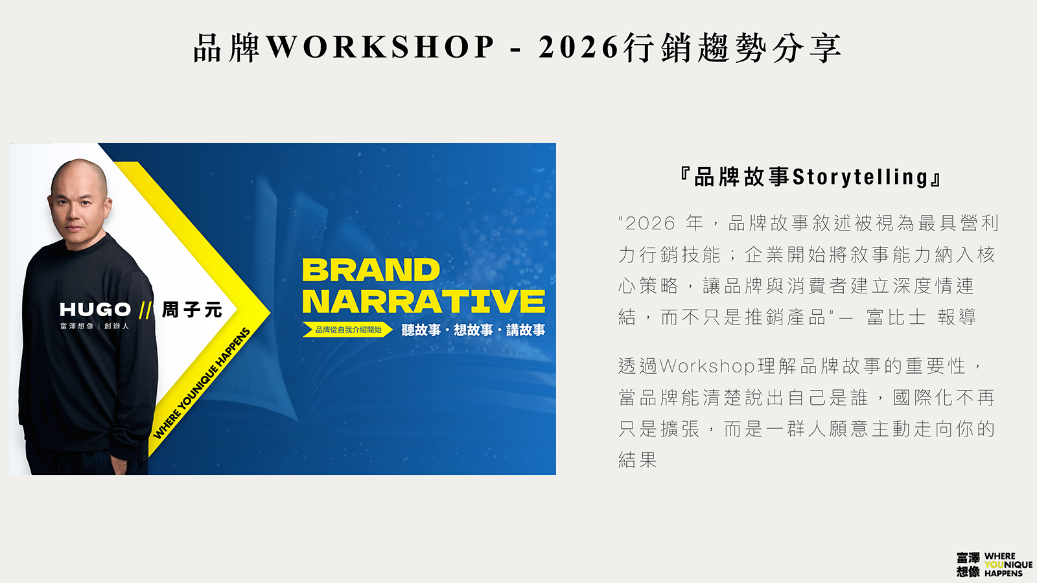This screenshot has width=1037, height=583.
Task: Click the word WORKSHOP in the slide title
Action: pyautogui.click(x=380, y=47)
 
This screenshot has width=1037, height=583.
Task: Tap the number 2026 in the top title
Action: pyautogui.click(x=579, y=47)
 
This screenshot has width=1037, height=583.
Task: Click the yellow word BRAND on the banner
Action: pyautogui.click(x=371, y=269)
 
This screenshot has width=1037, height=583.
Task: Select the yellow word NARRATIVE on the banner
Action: pyautogui.click(x=424, y=301)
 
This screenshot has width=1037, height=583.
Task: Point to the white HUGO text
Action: pyautogui.click(x=95, y=310)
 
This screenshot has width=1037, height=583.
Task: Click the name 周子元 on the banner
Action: pyautogui.click(x=192, y=310)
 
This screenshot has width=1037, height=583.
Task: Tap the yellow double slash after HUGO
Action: pyautogui.click(x=145, y=310)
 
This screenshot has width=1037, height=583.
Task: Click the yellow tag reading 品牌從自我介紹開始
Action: pyautogui.click(x=347, y=330)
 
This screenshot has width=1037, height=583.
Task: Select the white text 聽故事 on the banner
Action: pyautogui.click(x=421, y=330)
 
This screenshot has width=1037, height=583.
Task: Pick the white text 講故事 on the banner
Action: pyautogui.click(x=526, y=330)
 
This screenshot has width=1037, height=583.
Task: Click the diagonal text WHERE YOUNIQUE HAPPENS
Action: pyautogui.click(x=202, y=383)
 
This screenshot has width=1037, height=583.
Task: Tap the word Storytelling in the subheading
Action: pyautogui.click(x=860, y=177)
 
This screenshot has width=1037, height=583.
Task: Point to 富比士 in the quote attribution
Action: pyautogui.click(x=896, y=317)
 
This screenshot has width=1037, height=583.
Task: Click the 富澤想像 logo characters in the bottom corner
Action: pyautogui.click(x=968, y=564)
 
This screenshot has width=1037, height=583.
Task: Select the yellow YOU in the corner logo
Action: pyautogui.click(x=994, y=564)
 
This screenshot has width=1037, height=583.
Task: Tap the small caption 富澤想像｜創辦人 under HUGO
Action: pyautogui.click(x=95, y=326)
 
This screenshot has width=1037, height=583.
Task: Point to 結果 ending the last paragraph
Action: pyautogui.click(x=638, y=460)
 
